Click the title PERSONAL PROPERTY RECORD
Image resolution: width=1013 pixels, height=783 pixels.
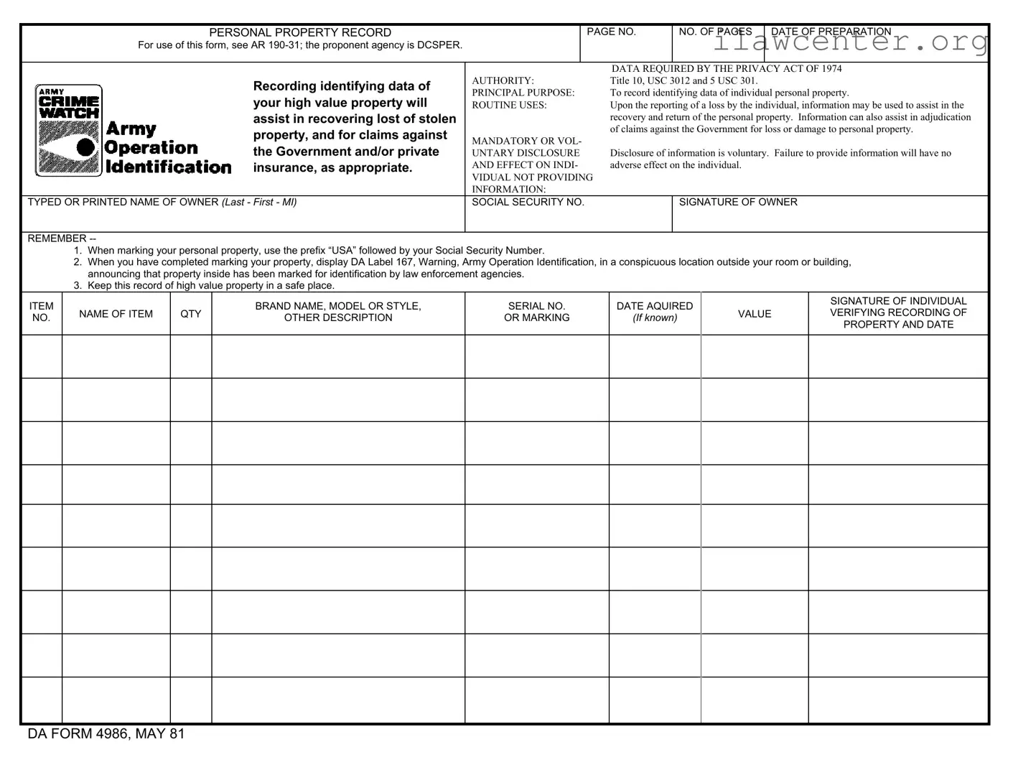point(300,32)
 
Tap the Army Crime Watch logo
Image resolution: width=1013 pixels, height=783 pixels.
point(68,131)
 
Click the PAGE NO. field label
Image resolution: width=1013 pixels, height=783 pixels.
point(611,32)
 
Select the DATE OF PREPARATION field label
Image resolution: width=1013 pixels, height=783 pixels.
point(831,32)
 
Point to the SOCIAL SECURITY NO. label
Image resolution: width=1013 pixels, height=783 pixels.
point(528,203)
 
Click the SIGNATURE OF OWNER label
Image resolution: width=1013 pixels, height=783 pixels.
point(738,203)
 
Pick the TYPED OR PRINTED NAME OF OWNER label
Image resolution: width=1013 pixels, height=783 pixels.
point(162,203)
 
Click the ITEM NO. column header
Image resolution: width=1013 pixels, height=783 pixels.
point(42,312)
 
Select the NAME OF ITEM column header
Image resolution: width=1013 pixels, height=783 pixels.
point(116,314)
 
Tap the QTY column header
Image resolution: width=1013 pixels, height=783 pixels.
point(191,314)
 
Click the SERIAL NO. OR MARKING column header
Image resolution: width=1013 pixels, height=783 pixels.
point(536,312)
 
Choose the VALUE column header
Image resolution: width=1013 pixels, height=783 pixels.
point(755,314)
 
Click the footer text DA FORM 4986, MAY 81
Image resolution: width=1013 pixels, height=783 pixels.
point(106,734)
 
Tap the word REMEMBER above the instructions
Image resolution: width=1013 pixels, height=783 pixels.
point(57,238)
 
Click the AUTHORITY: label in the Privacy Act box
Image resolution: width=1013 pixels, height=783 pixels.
point(503,80)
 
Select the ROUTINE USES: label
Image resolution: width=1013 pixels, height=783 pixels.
point(509,105)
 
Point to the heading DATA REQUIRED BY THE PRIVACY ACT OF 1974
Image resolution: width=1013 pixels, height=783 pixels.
point(727,69)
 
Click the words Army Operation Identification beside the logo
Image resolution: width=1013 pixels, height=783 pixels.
point(168,148)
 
